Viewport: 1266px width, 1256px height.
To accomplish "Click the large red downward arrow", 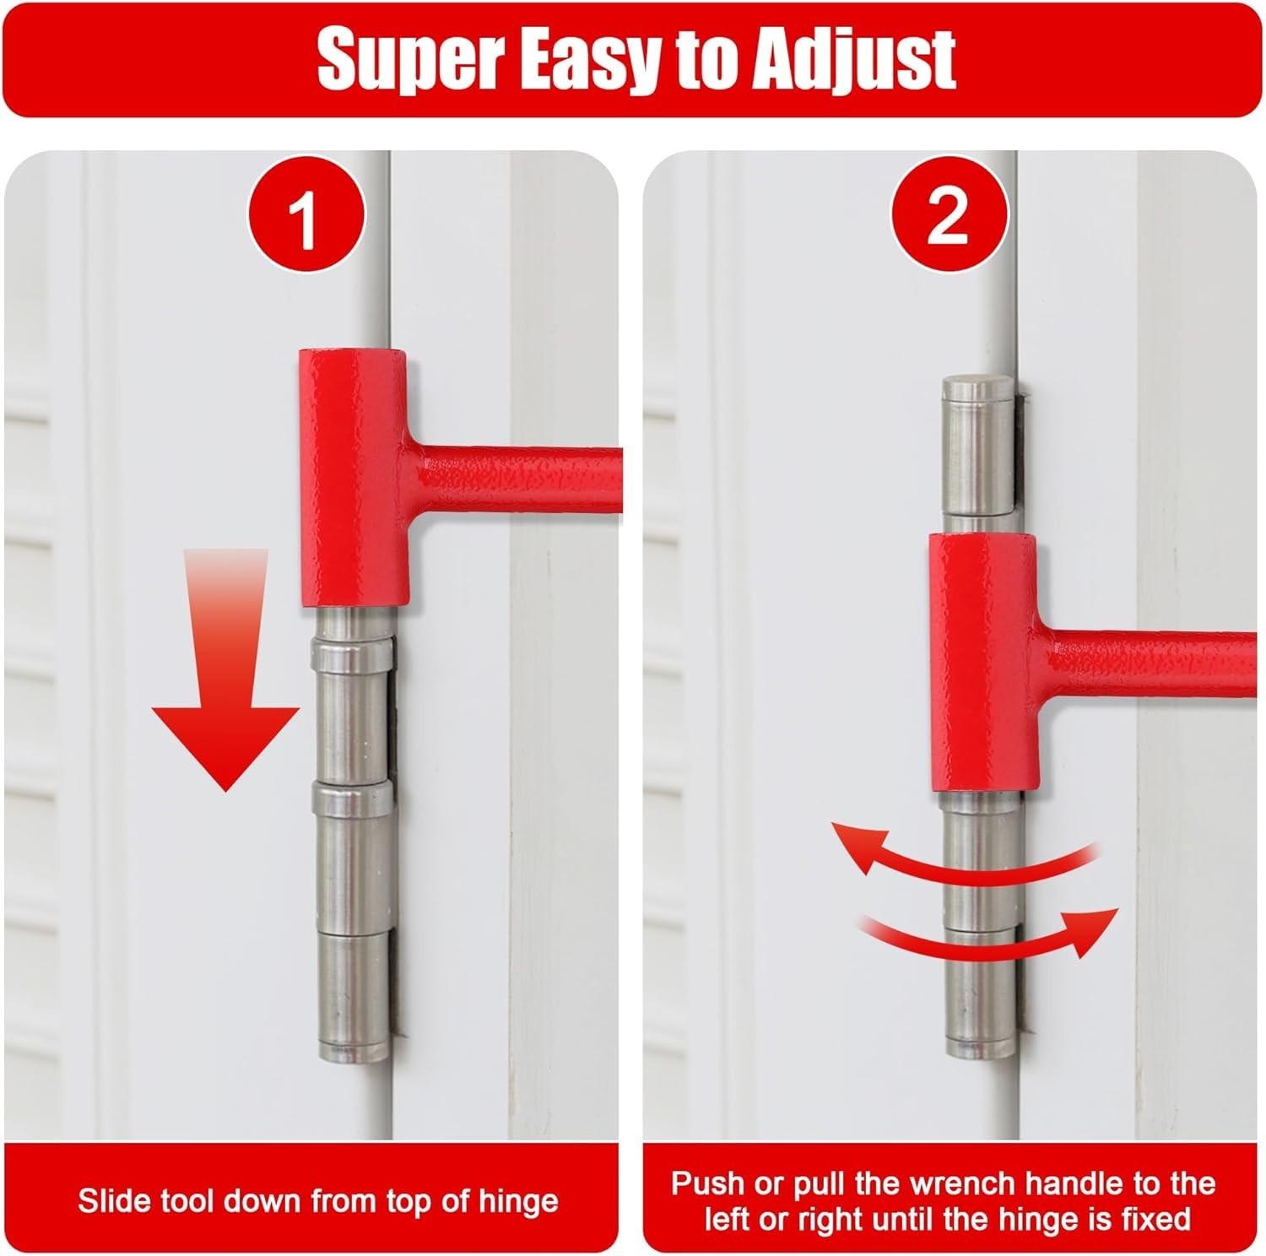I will point(226,667).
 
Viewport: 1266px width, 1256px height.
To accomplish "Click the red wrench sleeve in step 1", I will point(354,477).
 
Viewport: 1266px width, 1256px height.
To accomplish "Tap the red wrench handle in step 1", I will point(523,477).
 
